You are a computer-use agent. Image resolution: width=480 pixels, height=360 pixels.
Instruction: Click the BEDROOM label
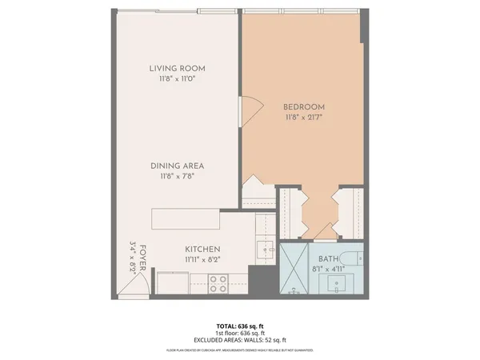tap(303, 106)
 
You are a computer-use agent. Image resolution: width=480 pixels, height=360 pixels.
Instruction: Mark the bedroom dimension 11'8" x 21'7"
tap(303, 118)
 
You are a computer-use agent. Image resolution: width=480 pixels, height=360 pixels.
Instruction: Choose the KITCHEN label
tap(202, 249)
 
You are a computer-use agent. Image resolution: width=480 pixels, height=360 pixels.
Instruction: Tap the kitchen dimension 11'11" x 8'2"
tap(202, 260)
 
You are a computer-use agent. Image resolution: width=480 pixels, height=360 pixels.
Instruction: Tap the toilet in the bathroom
tap(350, 262)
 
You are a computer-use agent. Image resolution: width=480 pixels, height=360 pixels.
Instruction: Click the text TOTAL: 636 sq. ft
tap(239, 326)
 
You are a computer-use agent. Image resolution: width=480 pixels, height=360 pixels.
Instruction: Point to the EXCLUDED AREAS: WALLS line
tap(239, 341)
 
